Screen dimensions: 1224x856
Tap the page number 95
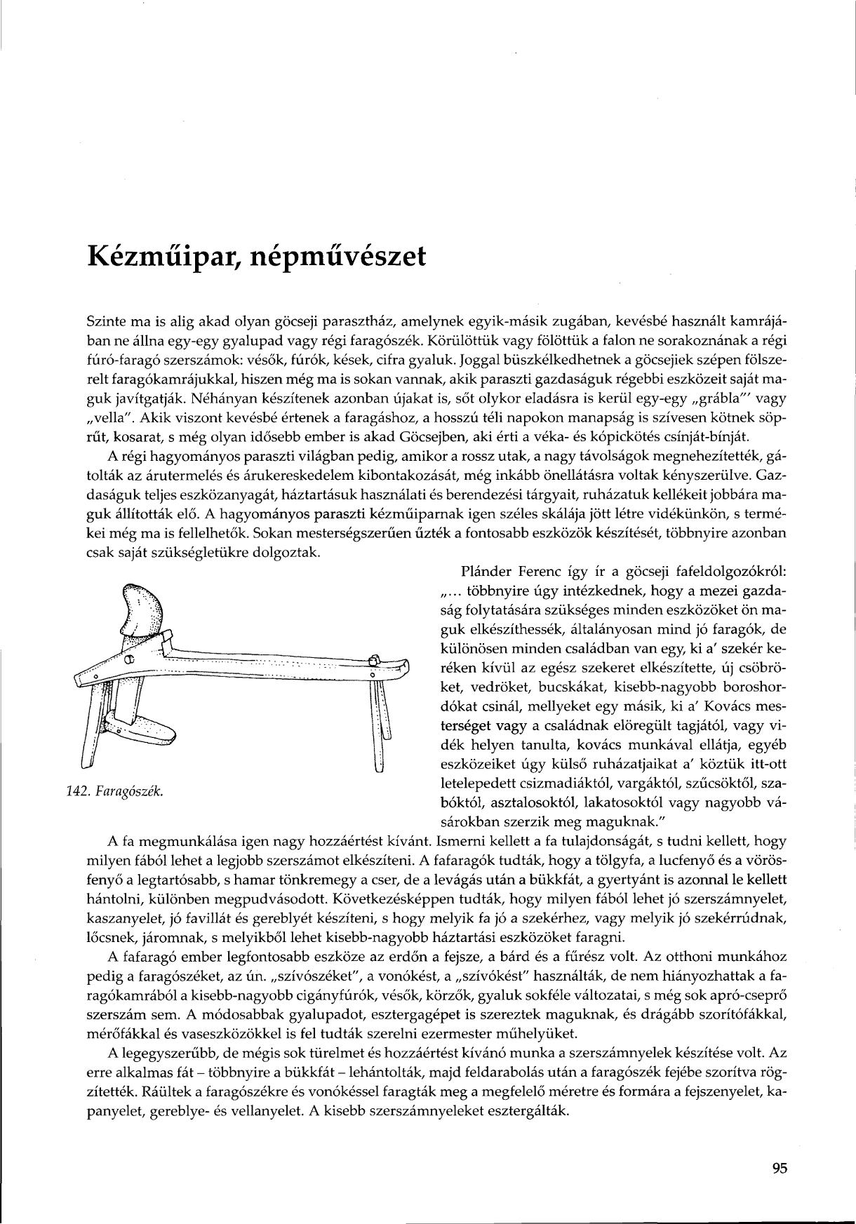tap(780, 1168)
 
